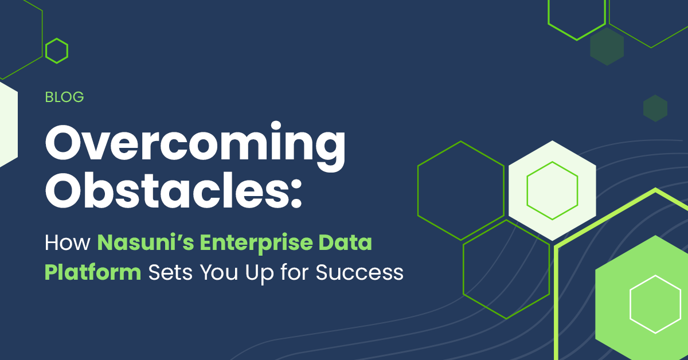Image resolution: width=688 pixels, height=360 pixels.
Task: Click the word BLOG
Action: tap(64, 97)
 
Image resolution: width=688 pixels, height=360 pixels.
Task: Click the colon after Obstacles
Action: tap(297, 194)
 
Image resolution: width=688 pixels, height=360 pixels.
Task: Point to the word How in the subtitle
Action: tap(68, 242)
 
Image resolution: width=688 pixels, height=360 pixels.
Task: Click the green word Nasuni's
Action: tap(146, 242)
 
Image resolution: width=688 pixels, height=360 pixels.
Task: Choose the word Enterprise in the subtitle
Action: tap(256, 244)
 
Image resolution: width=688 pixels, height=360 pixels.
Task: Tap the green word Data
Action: tap(345, 242)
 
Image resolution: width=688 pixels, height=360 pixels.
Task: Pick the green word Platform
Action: tap(93, 272)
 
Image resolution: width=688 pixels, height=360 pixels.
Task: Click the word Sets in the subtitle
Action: tap(170, 272)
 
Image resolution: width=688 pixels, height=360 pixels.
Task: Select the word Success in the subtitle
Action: tap(359, 272)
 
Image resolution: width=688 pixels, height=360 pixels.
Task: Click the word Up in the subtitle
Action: tap(259, 273)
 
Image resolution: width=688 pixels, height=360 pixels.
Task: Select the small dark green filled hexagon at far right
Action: tap(655, 108)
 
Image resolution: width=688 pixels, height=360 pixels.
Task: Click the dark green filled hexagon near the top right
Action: tap(607, 46)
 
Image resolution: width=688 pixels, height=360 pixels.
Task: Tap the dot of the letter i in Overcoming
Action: tap(276, 126)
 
